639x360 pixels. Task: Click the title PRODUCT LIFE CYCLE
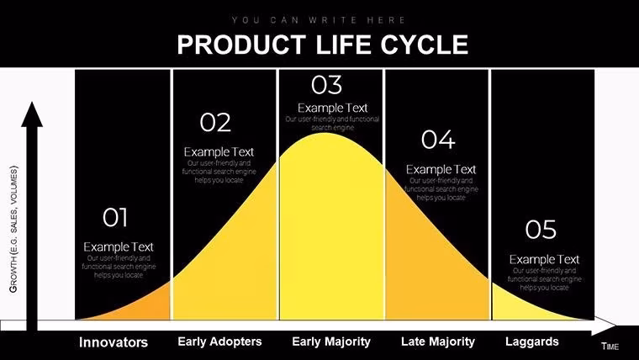323,44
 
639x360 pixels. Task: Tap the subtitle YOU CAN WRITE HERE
319,19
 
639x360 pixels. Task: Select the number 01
115,218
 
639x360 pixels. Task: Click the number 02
215,123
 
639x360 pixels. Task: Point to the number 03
326,84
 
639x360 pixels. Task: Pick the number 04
437,139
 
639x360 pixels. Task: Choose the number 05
541,229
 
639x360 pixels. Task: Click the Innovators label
114,342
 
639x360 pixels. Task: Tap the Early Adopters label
220,341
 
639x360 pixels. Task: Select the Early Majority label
331,341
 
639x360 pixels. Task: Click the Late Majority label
438,341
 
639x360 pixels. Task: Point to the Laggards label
532,341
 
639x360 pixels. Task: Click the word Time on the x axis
610,347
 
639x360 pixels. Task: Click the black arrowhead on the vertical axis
32,114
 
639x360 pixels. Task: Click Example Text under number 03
332,108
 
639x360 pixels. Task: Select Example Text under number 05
544,259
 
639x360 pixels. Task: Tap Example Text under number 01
119,246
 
